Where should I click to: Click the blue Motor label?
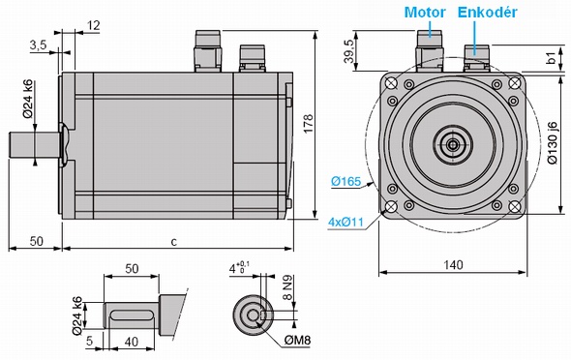[425, 13]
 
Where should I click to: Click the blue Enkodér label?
[487, 13]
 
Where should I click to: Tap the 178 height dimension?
[308, 124]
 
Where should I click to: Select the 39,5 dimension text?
[348, 51]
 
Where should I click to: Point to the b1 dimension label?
[553, 57]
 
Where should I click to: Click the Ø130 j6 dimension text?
[553, 142]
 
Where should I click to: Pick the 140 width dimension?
[453, 264]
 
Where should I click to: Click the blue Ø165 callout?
[346, 181]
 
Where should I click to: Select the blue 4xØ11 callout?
[346, 222]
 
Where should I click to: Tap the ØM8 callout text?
[297, 341]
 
